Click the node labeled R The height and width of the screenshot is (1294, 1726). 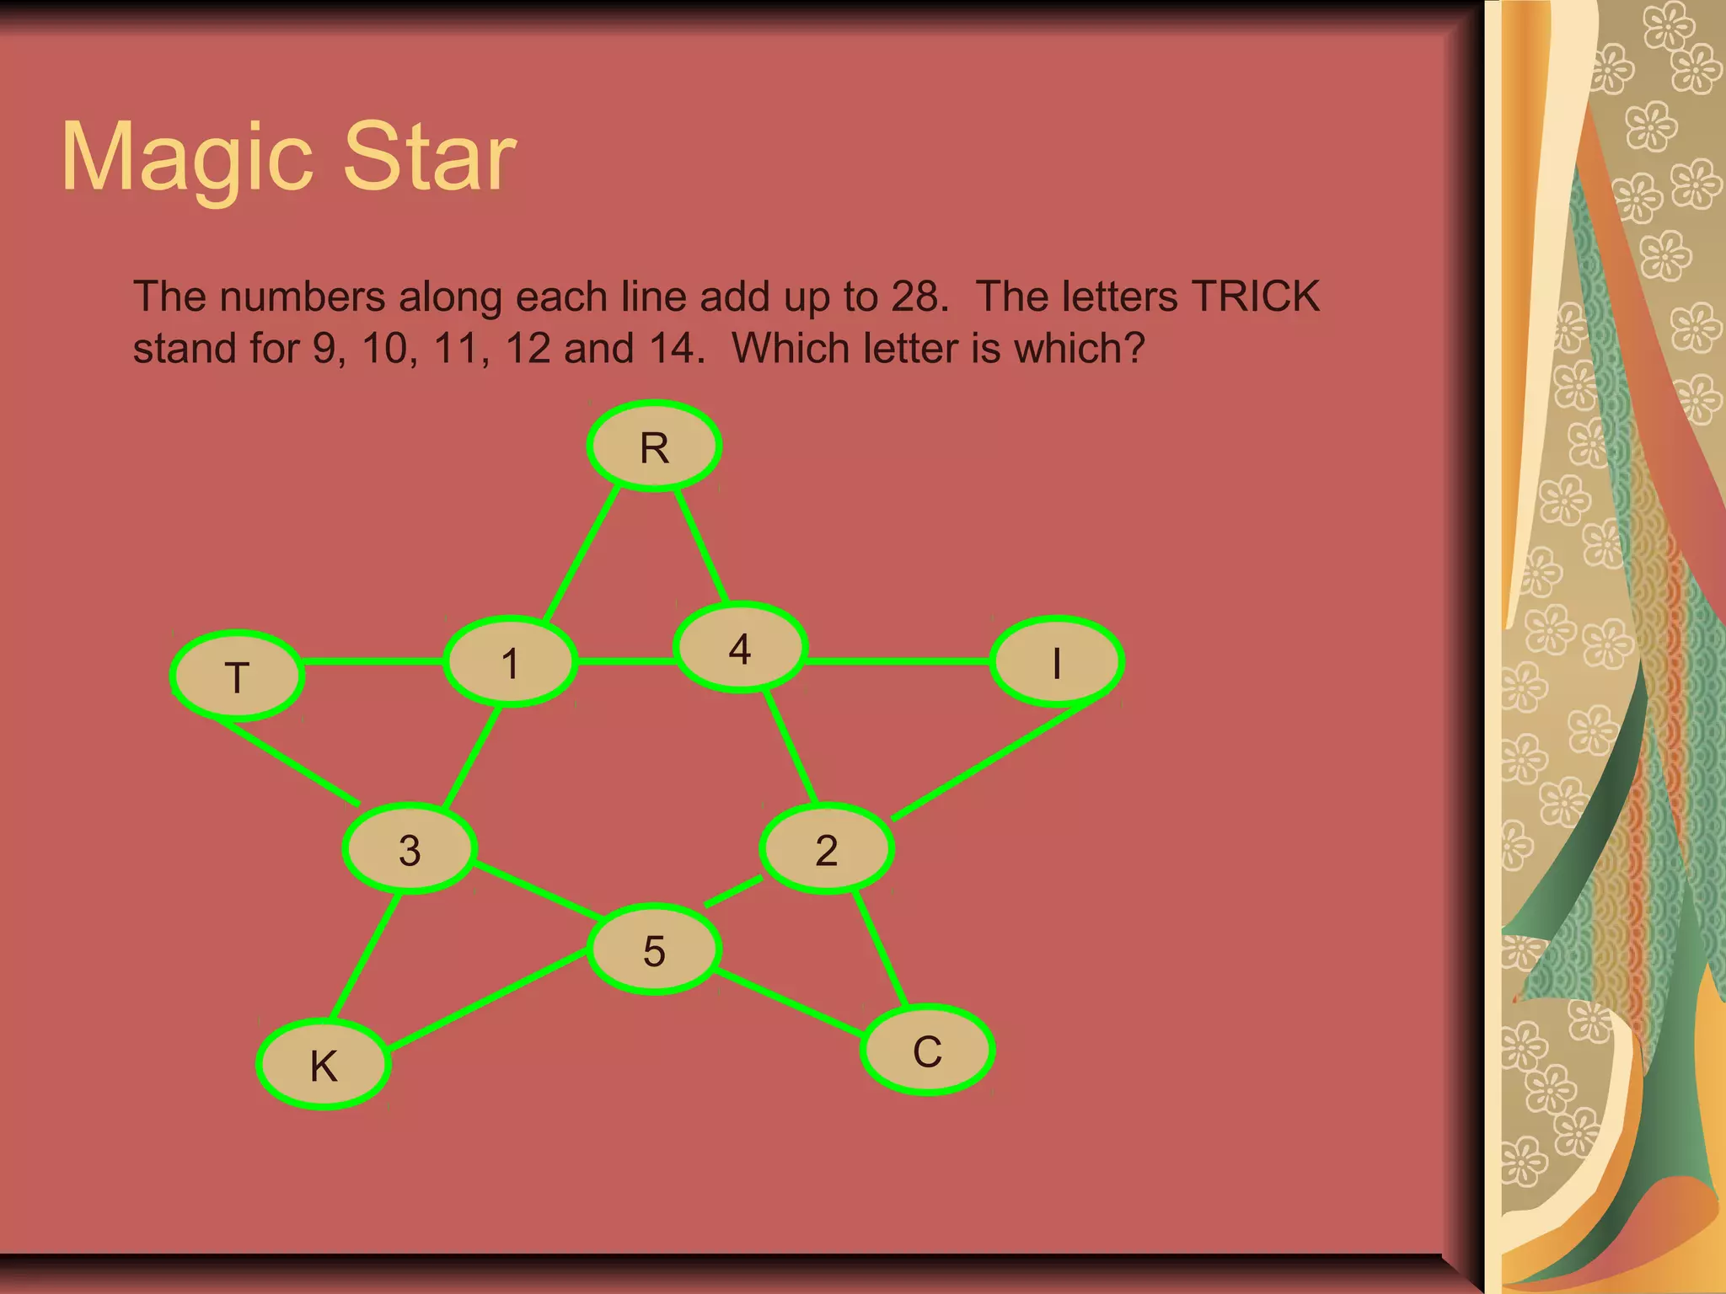coord(654,446)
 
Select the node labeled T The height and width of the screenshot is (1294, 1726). coord(238,676)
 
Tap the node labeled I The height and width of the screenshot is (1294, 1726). coord(1057,661)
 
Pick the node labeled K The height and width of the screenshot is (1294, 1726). coord(324,1064)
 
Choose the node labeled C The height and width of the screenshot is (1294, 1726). coord(927,1050)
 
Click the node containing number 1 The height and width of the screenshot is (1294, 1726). coord(511,662)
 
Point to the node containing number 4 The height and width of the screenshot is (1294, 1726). coord(741,647)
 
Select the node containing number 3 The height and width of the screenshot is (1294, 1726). coord(410,848)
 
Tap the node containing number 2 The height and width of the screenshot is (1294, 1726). coord(827,848)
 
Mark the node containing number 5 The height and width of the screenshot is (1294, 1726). coord(654,949)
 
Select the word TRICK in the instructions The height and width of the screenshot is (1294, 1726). coord(1256,297)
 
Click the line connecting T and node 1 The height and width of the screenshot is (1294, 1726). coord(373,661)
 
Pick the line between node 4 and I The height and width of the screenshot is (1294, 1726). coord(898,661)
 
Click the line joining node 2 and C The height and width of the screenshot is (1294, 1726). coord(881,948)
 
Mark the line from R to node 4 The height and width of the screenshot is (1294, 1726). coord(701,546)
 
